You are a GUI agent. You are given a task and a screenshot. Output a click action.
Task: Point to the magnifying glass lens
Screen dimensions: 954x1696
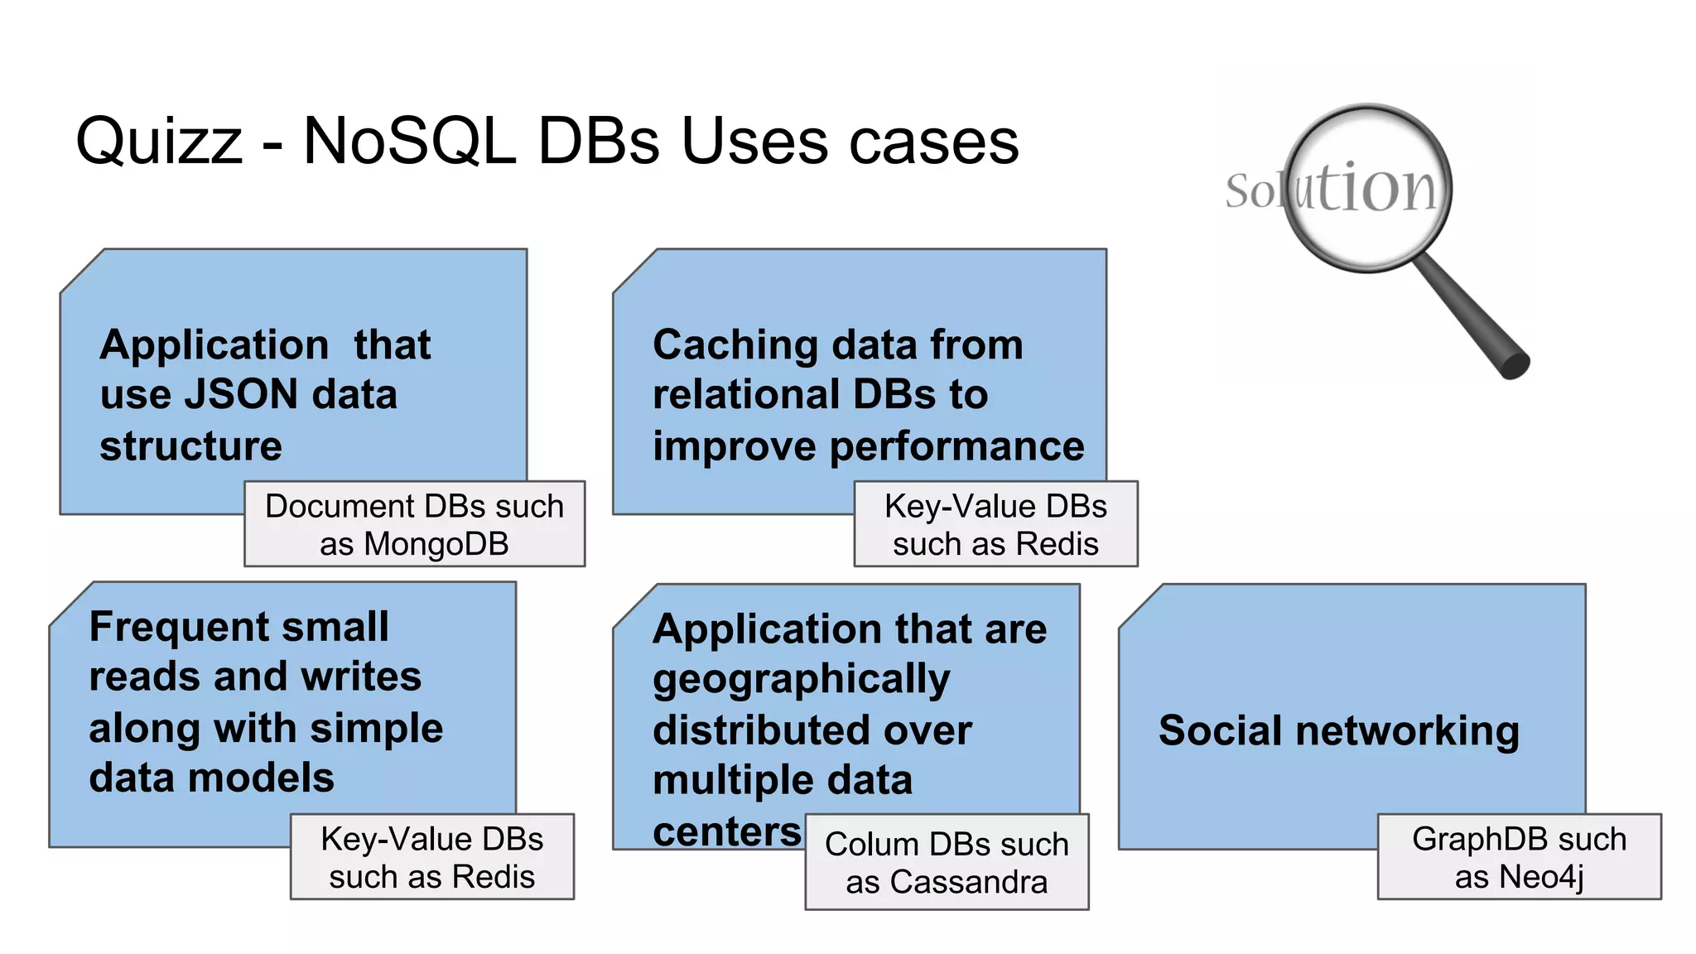coord(1368,188)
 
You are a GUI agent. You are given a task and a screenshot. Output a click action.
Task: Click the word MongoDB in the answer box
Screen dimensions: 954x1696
coord(436,545)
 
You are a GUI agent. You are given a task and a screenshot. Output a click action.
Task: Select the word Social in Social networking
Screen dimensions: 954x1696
coord(1221,731)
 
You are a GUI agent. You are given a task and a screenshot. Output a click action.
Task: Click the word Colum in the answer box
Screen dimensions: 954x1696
coord(872,845)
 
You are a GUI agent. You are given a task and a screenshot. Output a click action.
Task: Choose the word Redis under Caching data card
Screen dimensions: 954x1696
coord(1057,545)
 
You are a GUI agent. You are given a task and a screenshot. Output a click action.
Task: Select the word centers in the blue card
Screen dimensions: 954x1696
coord(727,831)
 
